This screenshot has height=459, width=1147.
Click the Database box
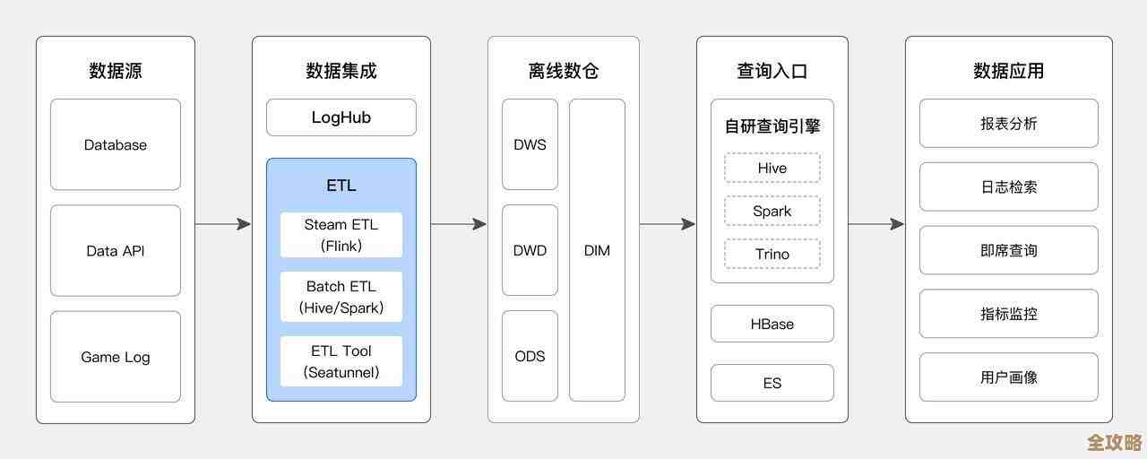116,144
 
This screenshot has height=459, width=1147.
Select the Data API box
116,251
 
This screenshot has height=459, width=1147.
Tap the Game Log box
116,357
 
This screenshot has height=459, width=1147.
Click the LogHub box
341,117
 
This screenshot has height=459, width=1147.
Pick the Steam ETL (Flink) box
341,235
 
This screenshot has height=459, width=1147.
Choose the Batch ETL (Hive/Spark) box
341,297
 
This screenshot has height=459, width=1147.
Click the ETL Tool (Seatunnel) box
341,361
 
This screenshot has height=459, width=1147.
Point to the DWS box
530,144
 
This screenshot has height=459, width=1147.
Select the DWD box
530,250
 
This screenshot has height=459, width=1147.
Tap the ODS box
530,356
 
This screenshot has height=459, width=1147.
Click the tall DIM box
597,250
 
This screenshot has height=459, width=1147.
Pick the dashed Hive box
772,168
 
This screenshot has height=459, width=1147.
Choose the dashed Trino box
772,254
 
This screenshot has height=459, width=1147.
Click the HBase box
772,324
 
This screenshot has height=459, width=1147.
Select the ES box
772,383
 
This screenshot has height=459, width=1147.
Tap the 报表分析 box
1009,124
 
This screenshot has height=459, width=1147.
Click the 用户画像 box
1009,377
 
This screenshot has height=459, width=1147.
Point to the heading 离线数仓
564,71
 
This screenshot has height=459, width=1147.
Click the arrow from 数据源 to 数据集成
223,224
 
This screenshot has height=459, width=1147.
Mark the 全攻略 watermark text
1114,442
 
